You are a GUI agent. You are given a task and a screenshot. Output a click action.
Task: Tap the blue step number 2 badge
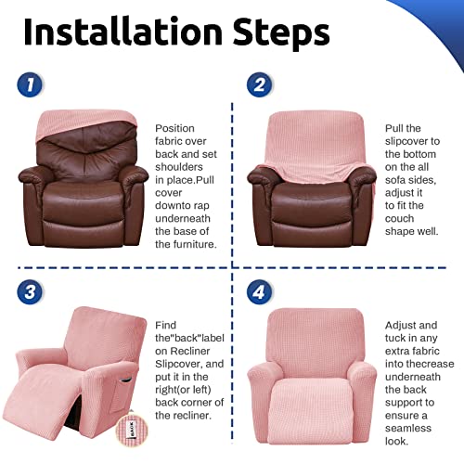[259, 85]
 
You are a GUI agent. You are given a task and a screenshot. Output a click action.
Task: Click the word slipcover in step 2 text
[412, 144]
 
